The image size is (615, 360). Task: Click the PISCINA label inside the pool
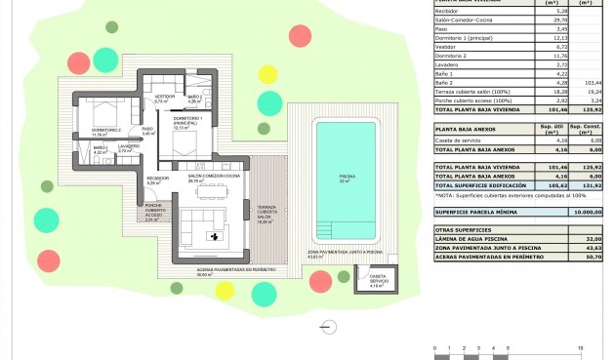coord(344,180)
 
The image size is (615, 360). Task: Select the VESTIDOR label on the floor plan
coord(164,98)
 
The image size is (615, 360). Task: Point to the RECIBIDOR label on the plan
coord(157,180)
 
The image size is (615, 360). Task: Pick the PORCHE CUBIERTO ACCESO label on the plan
coord(151,214)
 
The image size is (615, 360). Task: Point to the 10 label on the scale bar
coord(581,346)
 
